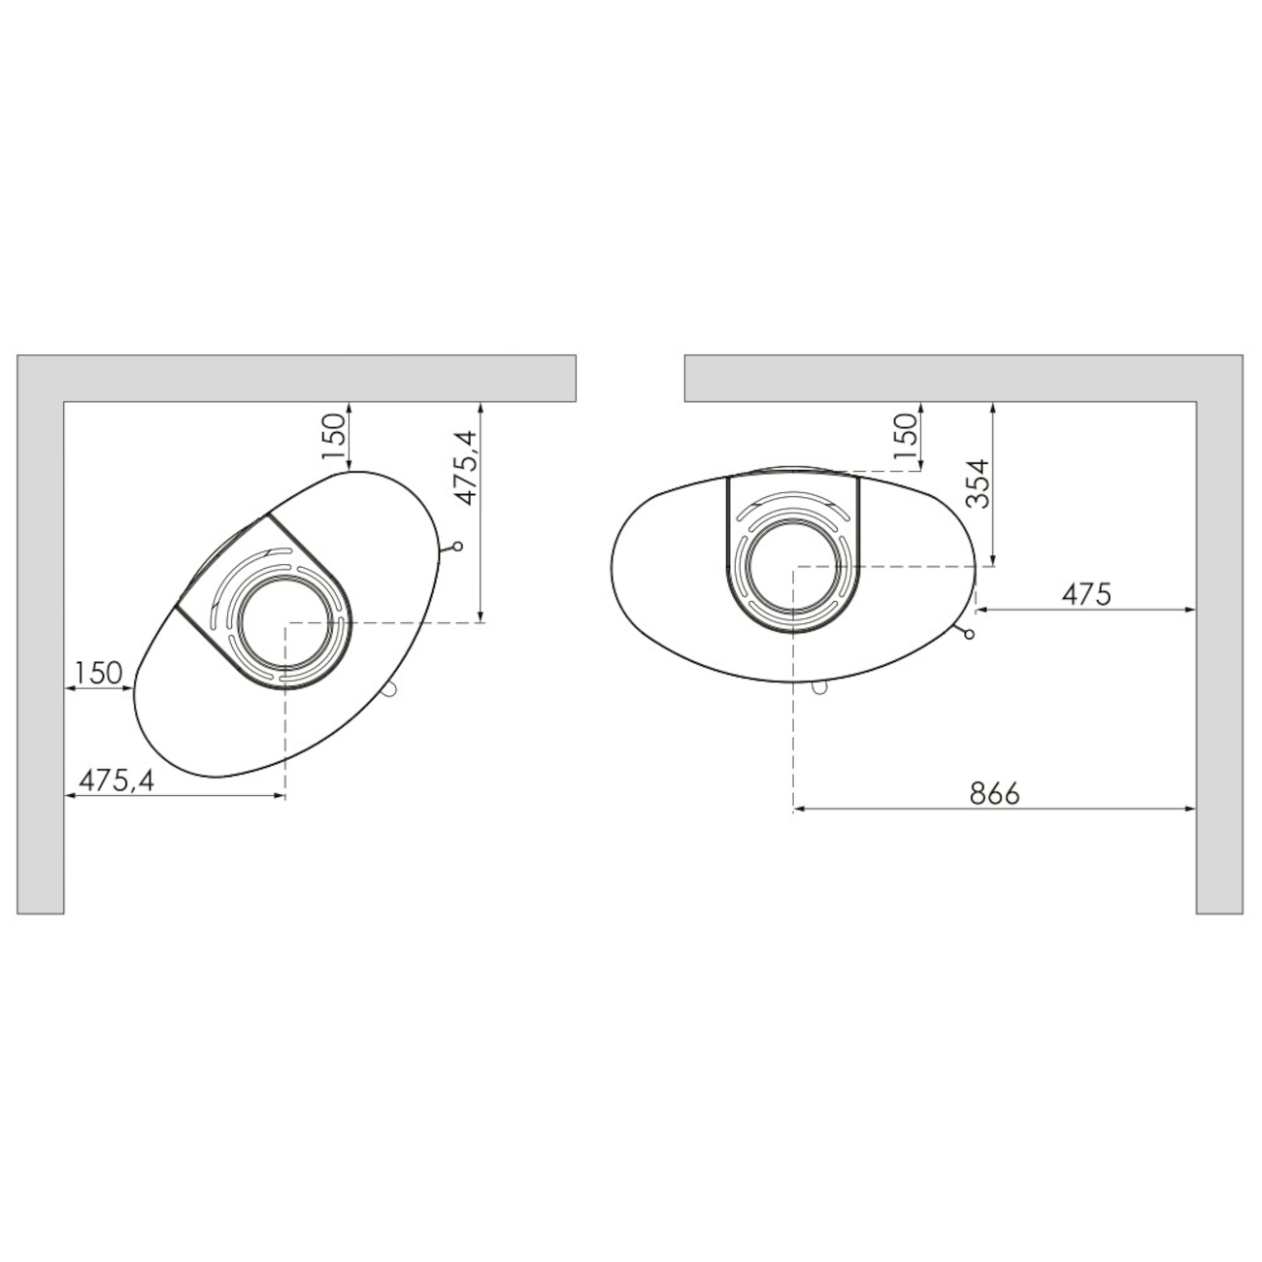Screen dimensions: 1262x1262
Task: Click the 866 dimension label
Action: click(x=995, y=793)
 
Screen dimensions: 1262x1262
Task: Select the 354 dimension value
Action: click(x=978, y=484)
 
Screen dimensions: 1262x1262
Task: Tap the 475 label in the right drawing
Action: click(x=1086, y=594)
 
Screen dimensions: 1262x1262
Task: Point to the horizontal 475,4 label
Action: click(x=116, y=780)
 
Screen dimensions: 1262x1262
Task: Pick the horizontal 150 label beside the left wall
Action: click(x=98, y=673)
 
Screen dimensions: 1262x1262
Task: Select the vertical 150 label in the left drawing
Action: click(x=333, y=436)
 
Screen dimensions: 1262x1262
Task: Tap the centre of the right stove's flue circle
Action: click(x=794, y=564)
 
